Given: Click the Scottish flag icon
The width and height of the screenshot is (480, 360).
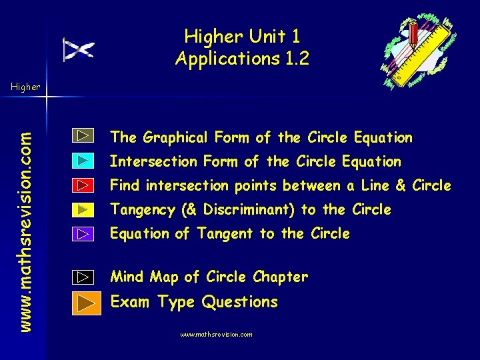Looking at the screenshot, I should [x=79, y=49].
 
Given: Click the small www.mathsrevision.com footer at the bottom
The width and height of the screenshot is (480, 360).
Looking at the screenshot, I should [x=217, y=335].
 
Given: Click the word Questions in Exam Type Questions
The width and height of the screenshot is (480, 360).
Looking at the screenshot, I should [x=239, y=302].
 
